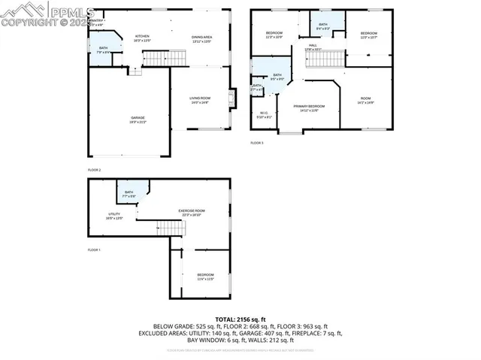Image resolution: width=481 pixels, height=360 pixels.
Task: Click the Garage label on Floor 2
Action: [x=138, y=119]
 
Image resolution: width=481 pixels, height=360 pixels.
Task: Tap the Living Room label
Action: [x=200, y=100]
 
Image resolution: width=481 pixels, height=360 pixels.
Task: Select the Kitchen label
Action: [x=142, y=38]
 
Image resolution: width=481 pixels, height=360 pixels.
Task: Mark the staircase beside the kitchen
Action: [x=164, y=58]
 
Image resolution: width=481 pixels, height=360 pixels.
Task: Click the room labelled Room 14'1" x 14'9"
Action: [x=365, y=101]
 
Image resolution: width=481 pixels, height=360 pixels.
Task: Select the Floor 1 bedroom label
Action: [x=206, y=277]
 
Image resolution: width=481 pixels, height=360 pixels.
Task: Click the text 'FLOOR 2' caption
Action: [x=94, y=170]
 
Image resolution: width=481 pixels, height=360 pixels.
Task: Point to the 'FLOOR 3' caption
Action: [x=257, y=142]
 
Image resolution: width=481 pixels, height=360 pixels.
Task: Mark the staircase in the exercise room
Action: [x=170, y=228]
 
